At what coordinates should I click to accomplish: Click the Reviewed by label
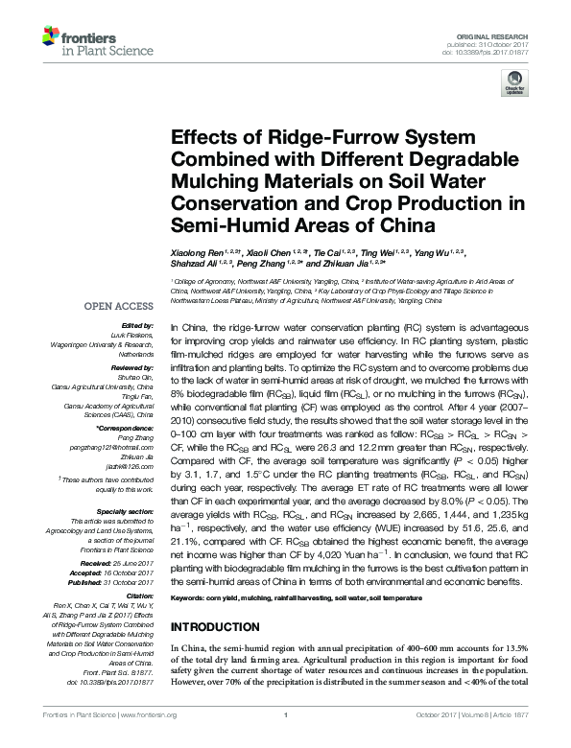(135, 367)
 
